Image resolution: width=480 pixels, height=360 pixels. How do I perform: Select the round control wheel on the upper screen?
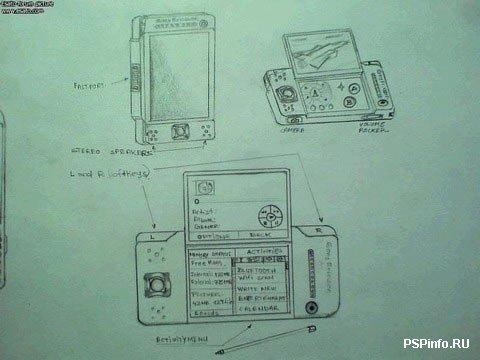(268, 215)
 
